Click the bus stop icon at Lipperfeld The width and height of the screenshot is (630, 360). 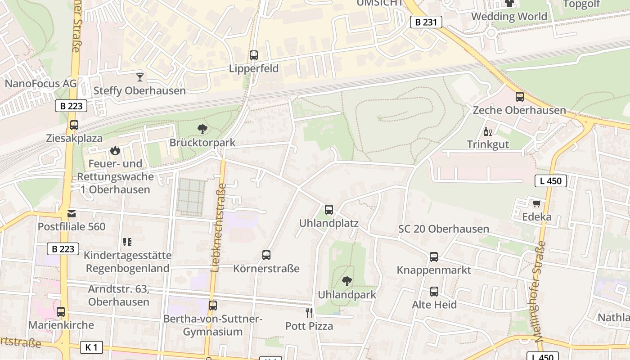coord(254,55)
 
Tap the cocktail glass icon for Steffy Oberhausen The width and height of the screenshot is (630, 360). coord(140,77)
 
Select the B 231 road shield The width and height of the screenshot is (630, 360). coord(426,22)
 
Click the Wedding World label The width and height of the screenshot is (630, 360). coord(509,17)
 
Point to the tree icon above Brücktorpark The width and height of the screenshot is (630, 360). coord(202,129)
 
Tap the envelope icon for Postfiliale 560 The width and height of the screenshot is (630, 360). coord(72,213)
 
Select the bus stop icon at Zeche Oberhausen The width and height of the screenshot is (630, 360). coord(519,96)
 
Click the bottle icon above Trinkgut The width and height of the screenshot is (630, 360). coord(487,131)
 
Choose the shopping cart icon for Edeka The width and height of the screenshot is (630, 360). coord(536,203)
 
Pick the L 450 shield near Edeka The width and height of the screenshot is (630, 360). coord(550,181)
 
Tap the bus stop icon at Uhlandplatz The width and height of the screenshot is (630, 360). coord(329,210)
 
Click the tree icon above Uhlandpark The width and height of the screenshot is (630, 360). coord(346,281)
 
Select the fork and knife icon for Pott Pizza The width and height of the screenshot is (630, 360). coord(309,312)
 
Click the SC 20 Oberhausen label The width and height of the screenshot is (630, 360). coord(443,229)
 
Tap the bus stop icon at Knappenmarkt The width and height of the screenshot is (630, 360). coord(434,257)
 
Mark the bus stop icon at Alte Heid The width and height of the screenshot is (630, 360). coord(434,292)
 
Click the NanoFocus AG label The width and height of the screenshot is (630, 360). coord(40,84)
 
